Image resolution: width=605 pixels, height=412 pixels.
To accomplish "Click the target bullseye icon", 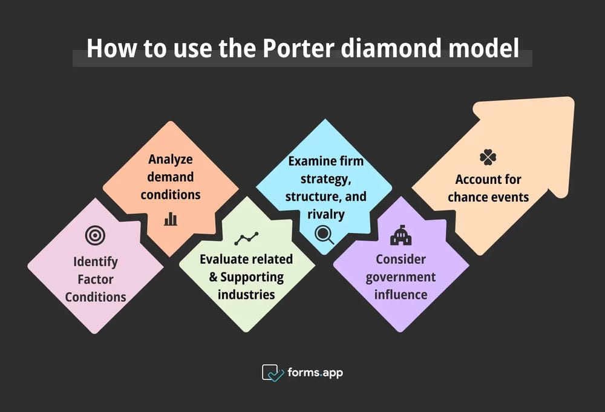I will click(x=95, y=235).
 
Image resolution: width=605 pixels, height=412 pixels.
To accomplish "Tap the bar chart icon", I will click(x=171, y=218).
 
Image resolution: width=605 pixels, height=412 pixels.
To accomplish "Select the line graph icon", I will click(x=247, y=238).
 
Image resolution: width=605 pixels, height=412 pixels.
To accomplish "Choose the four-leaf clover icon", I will click(x=488, y=157).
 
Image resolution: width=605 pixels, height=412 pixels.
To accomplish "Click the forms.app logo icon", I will click(x=273, y=373).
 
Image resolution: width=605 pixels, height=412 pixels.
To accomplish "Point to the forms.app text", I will click(x=316, y=373).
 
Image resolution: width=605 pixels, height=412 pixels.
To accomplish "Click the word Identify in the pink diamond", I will click(x=96, y=263).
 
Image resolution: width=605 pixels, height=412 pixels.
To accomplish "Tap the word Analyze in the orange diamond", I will click(x=171, y=160).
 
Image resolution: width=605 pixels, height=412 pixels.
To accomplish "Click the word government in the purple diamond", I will click(x=401, y=277).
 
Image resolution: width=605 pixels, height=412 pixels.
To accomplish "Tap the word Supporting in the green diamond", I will click(x=252, y=277).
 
